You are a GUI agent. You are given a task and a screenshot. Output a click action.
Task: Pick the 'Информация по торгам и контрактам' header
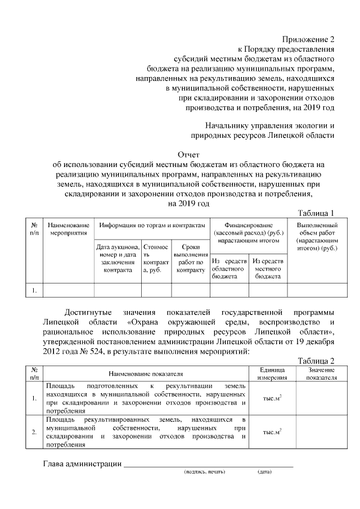[x=152, y=225]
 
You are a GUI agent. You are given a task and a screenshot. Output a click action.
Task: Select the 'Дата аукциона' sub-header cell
[x=118, y=258]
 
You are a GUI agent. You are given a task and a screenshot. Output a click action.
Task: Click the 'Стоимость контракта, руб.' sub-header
[x=156, y=258]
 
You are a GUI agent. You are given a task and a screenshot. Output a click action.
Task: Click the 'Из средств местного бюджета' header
[x=268, y=269]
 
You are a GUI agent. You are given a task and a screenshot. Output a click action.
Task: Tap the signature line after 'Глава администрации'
[x=208, y=464]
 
